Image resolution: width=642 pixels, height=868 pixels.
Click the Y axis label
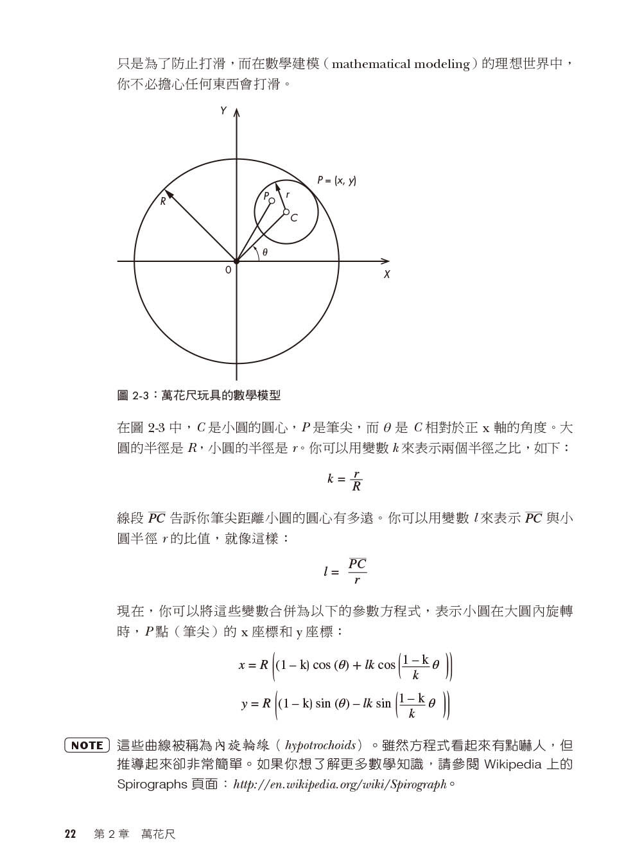(x=223, y=110)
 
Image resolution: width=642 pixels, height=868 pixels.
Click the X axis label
(x=387, y=275)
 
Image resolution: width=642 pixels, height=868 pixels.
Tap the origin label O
(x=228, y=271)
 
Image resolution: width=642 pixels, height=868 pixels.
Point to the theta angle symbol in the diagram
(x=265, y=253)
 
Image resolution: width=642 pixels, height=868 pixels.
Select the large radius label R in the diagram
(x=163, y=201)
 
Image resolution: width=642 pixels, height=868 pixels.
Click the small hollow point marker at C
(x=286, y=212)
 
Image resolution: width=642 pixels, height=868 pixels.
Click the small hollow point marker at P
(x=272, y=201)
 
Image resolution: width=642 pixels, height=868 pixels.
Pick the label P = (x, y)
(x=336, y=181)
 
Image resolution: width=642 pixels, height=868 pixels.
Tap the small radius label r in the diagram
(x=287, y=194)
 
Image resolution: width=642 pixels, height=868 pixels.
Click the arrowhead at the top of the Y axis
(x=236, y=113)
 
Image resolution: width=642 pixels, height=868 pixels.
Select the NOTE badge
(x=87, y=745)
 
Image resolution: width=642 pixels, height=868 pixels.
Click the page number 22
(x=70, y=834)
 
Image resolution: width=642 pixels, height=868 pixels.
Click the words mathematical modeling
(x=401, y=64)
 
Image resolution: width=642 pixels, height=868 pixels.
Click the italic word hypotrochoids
(x=320, y=745)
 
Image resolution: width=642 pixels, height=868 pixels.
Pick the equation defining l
(x=345, y=571)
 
